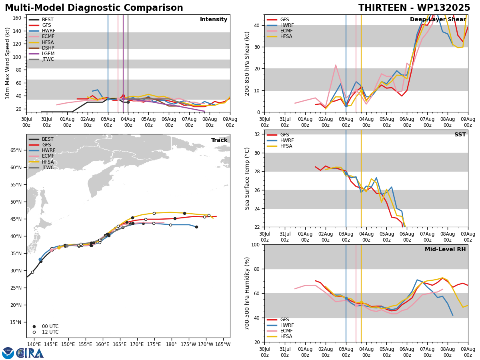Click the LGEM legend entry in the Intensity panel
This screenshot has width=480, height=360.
click(x=42, y=54)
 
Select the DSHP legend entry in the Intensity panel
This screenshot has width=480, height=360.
click(x=42, y=48)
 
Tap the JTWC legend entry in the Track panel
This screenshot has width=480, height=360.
click(x=41, y=168)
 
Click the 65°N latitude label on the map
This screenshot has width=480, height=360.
click(x=16, y=150)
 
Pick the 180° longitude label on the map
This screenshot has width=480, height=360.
click(x=171, y=345)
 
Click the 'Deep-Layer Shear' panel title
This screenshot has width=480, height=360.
click(x=438, y=19)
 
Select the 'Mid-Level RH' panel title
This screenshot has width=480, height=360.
click(x=445, y=249)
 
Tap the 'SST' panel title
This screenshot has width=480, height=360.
click(x=460, y=134)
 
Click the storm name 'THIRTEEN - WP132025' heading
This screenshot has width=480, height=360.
click(x=414, y=8)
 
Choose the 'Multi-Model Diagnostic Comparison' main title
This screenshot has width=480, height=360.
click(x=94, y=8)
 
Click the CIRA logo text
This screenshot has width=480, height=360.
click(x=30, y=353)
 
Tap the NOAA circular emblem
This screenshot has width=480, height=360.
click(x=8, y=353)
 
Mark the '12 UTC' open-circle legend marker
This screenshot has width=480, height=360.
click(x=34, y=332)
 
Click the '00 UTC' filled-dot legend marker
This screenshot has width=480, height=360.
click(x=34, y=326)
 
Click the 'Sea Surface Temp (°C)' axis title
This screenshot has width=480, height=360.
click(x=247, y=179)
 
